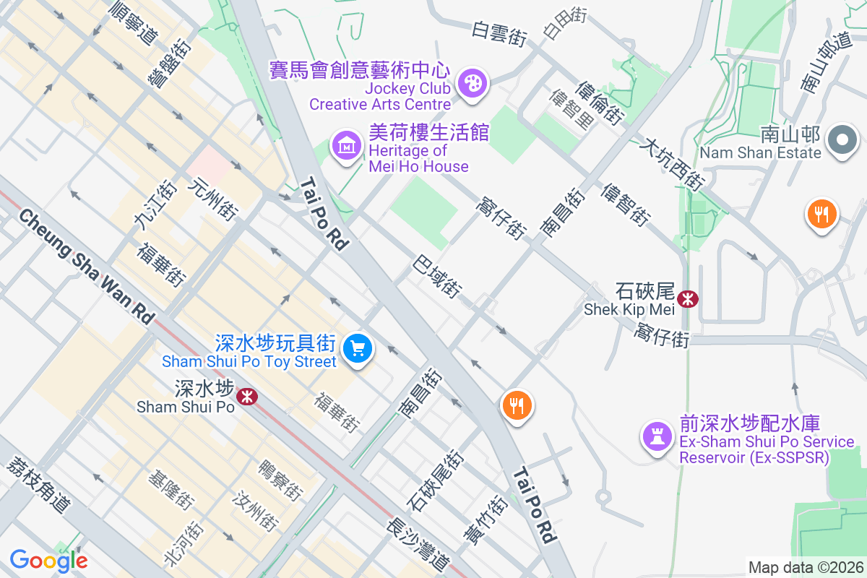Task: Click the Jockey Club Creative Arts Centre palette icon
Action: (473, 82)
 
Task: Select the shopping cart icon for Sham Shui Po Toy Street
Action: (357, 349)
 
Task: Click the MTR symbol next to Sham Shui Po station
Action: (247, 396)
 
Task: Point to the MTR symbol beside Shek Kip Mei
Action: (688, 298)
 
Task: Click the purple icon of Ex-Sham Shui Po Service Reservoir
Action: (656, 436)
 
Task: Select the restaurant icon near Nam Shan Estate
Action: (821, 214)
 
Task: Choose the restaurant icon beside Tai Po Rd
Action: (517, 405)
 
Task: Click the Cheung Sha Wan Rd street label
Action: (87, 267)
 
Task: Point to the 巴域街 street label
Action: (437, 277)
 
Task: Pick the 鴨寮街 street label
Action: (279, 480)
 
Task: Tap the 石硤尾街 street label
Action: (434, 480)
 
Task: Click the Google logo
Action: (48, 561)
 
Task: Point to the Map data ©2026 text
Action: (805, 567)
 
